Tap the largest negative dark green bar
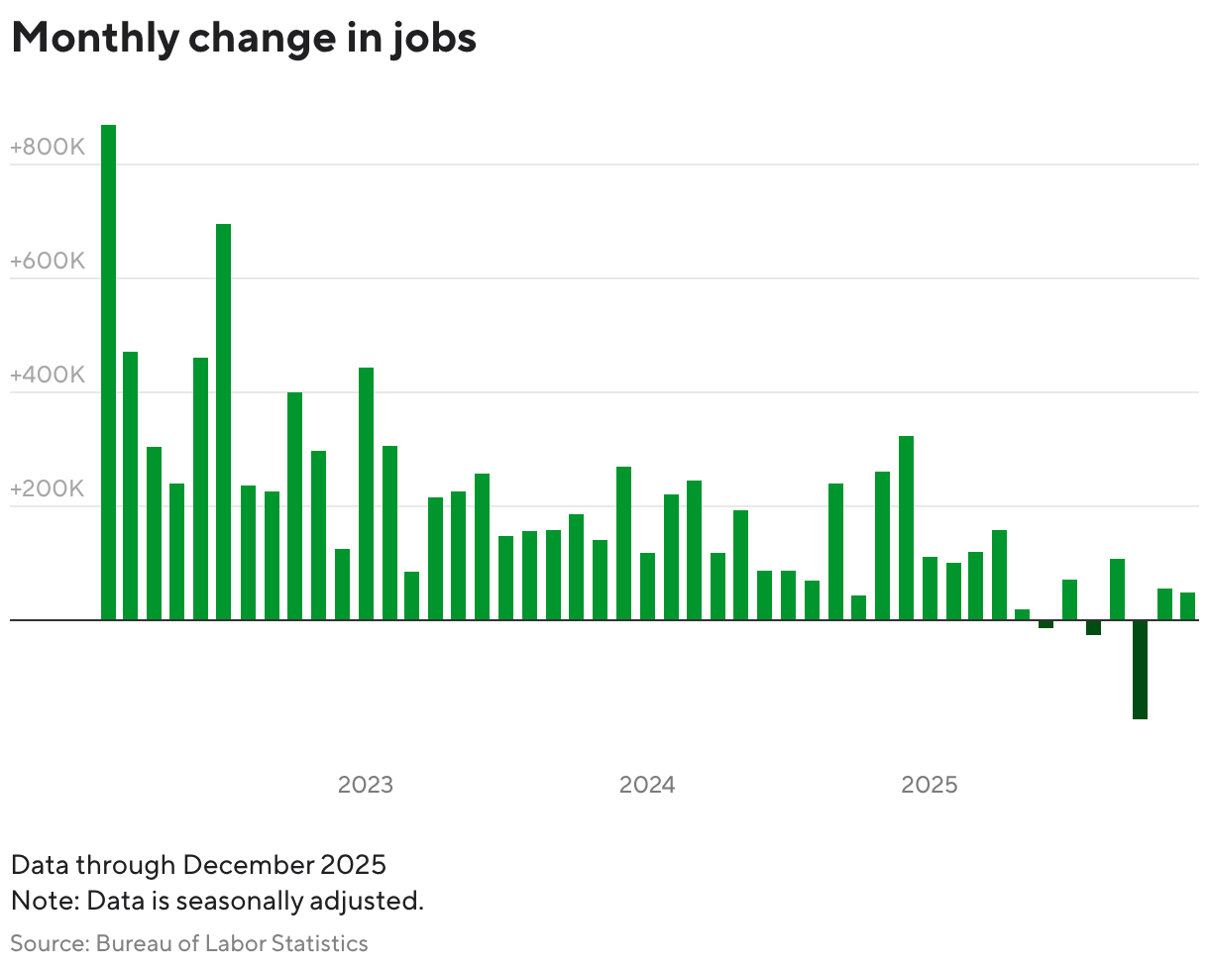click(1140, 670)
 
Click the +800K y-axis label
click(47, 148)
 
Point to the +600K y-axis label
click(47, 262)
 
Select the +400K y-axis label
click(47, 376)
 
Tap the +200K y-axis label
click(47, 489)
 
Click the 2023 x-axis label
click(366, 785)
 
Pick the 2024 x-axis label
click(647, 785)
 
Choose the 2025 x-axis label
click(930, 785)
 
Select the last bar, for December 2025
click(1187, 606)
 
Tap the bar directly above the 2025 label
click(930, 589)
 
